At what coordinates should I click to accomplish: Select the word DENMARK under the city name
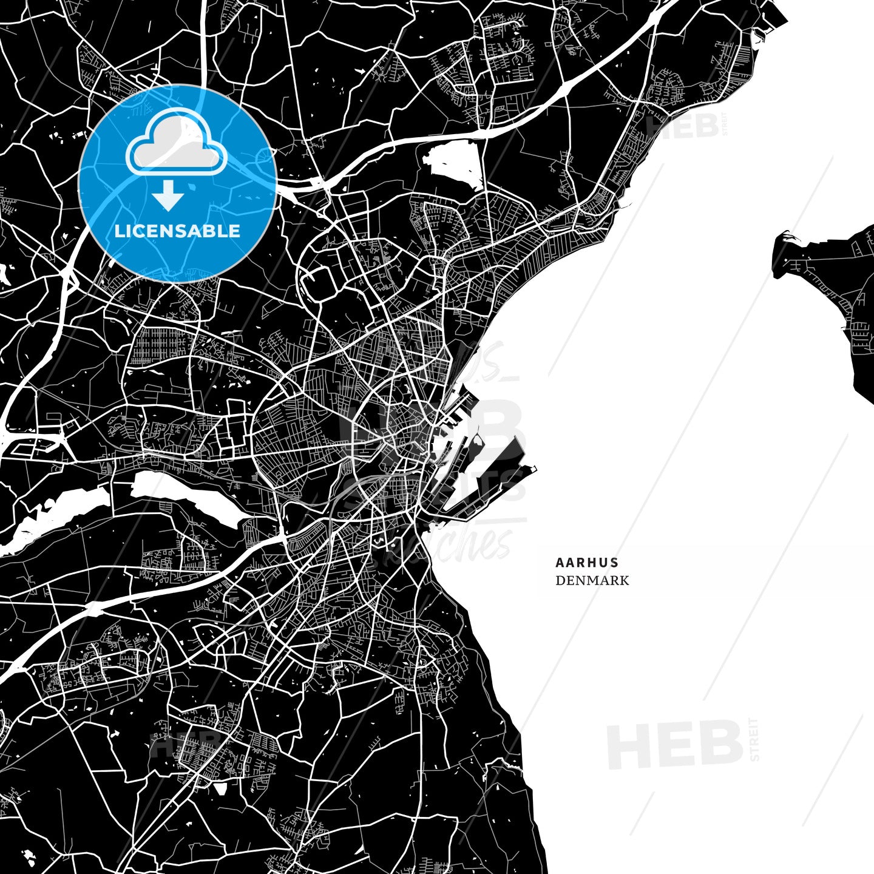click(x=592, y=580)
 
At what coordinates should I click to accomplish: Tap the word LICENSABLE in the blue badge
click(x=178, y=231)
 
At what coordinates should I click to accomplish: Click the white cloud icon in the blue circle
click(x=176, y=143)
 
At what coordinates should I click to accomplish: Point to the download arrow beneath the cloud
click(x=168, y=197)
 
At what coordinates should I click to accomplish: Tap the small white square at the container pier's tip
click(x=534, y=469)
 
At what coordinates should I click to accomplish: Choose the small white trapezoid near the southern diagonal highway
click(x=220, y=788)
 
